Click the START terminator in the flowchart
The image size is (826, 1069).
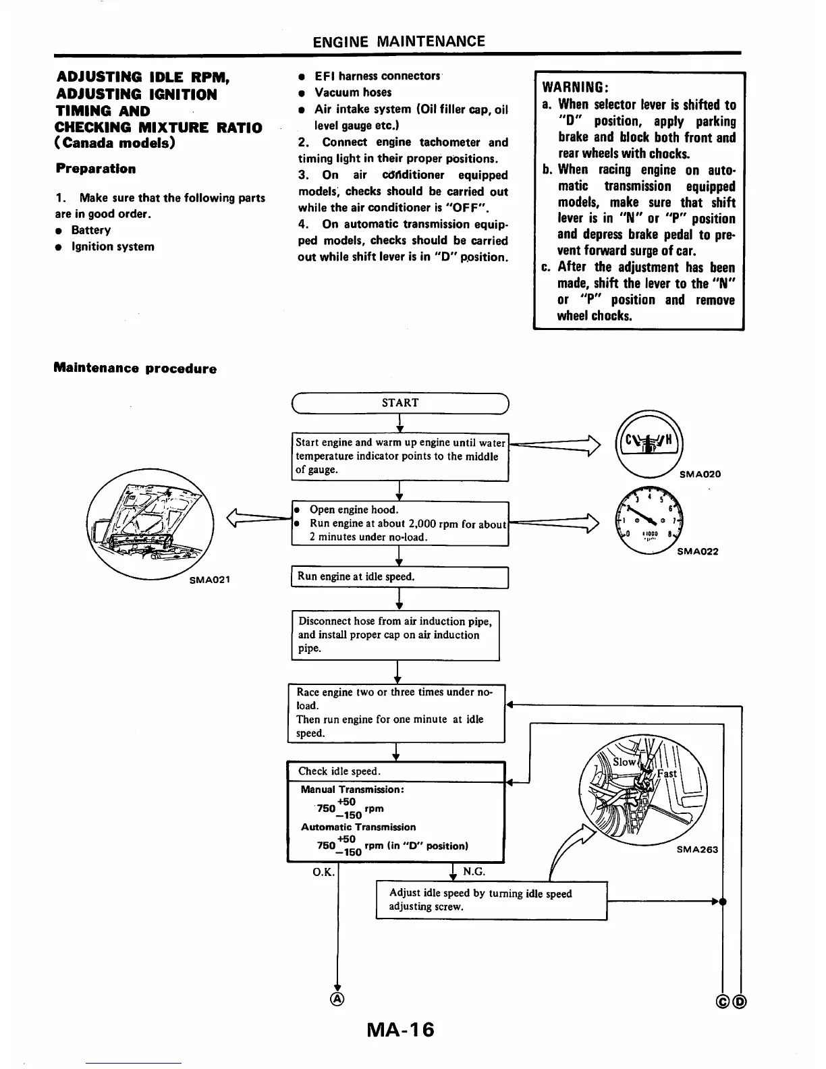pos(400,403)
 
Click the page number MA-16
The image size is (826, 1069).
pos(400,1030)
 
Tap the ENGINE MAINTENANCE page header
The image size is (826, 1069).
pos(399,42)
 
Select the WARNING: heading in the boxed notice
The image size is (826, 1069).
pos(576,88)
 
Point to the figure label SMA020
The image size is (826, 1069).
pos(700,474)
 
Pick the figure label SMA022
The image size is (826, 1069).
pos(697,551)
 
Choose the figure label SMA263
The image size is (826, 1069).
pos(697,849)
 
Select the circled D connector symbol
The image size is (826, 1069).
pos(740,1000)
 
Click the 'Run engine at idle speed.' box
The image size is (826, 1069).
pos(399,577)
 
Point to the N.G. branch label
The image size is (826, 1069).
pos(474,871)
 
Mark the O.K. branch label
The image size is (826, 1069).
pos(323,872)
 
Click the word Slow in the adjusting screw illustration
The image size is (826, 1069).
pos(624,762)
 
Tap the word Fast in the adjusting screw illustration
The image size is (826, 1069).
pos(666,773)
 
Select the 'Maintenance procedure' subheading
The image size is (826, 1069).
pos(135,368)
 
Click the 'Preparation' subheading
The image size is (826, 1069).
pos(95,169)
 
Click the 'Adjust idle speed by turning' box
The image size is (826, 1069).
pos(491,900)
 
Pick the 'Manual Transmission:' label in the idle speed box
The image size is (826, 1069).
pos(352,789)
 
